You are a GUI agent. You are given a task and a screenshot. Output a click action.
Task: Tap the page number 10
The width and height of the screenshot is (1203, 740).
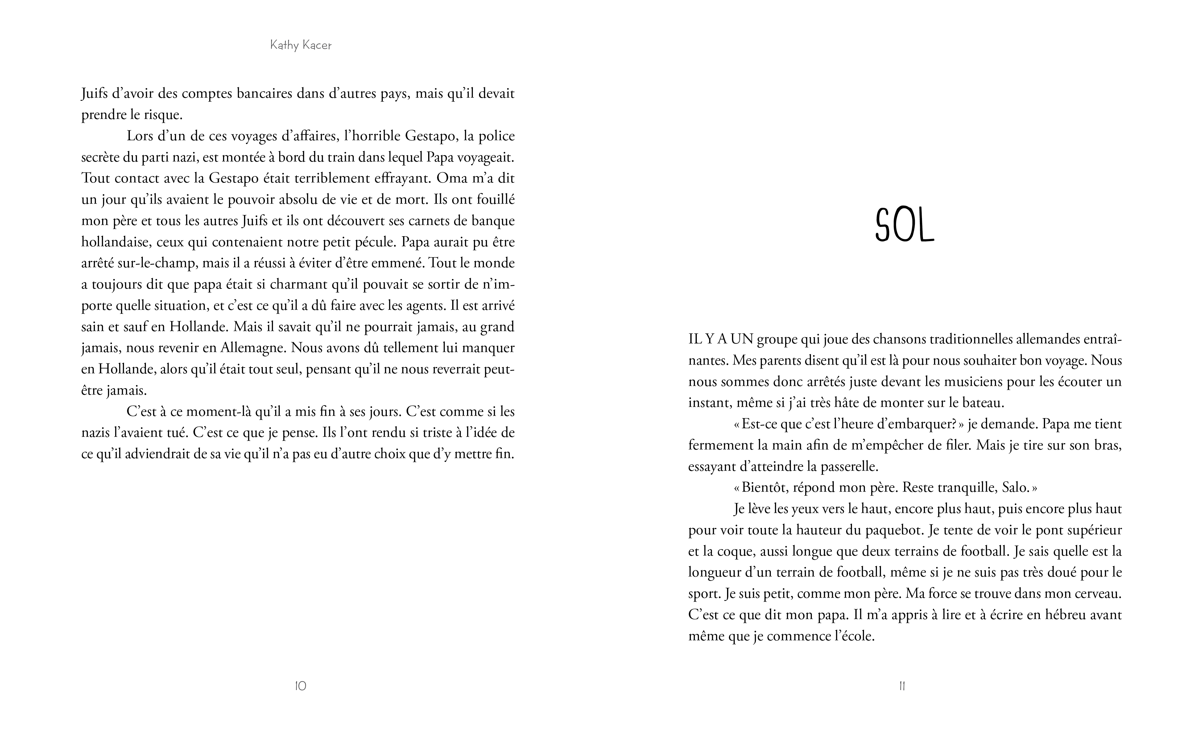point(301,686)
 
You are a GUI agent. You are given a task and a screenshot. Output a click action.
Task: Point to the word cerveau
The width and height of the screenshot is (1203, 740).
point(1097,594)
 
